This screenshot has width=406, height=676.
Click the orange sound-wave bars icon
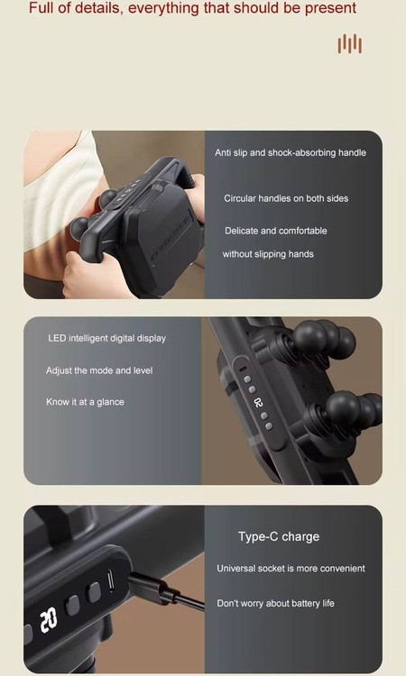(350, 44)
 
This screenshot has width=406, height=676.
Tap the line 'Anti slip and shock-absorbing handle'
(291, 152)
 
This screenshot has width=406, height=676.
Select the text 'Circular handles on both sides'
(286, 198)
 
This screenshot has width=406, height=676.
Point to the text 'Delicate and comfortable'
(276, 231)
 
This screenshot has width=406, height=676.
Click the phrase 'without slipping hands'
(268, 254)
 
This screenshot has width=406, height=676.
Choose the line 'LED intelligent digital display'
(107, 338)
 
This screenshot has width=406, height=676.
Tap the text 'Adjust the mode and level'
(99, 370)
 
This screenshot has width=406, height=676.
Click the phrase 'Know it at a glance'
(85, 402)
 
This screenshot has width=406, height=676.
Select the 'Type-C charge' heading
(279, 536)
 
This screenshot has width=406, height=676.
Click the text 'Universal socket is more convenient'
(291, 568)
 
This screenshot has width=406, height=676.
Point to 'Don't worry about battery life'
(275, 603)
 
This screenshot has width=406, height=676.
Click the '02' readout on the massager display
(258, 403)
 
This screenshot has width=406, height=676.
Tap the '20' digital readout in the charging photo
(49, 620)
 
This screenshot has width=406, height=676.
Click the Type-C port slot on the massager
(110, 580)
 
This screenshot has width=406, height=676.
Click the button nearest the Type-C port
(93, 592)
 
